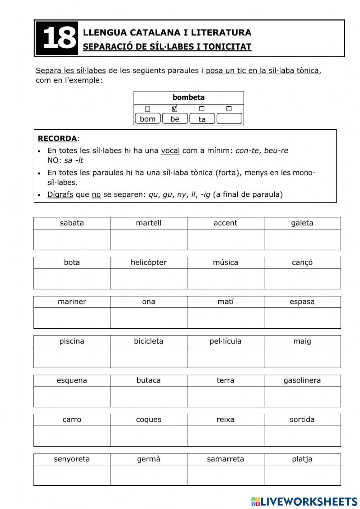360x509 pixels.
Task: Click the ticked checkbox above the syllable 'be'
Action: point(175,109)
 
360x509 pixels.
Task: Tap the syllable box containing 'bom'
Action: point(148,119)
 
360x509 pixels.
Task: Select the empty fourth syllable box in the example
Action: point(229,119)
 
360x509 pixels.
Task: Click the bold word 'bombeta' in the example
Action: point(188,97)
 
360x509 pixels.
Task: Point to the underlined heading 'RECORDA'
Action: point(57,138)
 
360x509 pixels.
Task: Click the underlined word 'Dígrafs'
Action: point(60,195)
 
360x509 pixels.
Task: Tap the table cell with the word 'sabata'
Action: point(72,223)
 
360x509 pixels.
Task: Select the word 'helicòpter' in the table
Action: point(148,262)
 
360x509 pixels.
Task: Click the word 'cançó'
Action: point(302,262)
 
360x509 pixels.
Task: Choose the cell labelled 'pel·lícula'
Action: point(225,341)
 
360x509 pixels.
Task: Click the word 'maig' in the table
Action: point(302,341)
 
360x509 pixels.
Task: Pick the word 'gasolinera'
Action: point(302,380)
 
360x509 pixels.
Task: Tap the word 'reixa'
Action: point(225,420)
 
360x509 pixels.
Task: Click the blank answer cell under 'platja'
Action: point(302,475)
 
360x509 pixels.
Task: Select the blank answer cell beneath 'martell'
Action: point(148,240)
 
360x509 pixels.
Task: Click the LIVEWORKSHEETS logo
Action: point(304,501)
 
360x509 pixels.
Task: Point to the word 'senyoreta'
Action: point(72,459)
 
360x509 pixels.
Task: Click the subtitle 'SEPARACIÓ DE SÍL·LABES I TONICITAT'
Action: point(167,47)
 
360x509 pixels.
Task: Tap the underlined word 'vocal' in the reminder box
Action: point(170,151)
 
